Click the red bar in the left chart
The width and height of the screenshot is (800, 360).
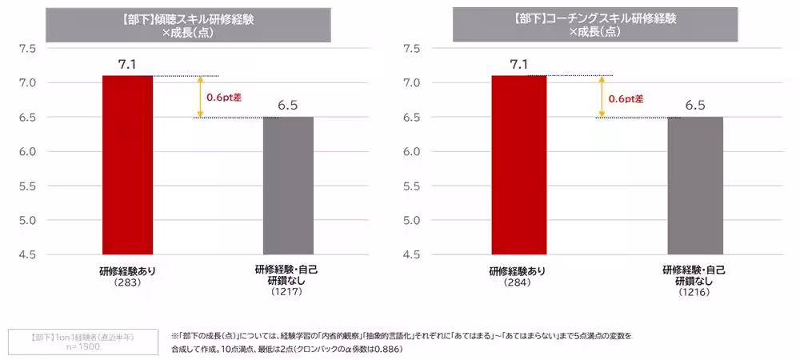pyautogui.click(x=127, y=165)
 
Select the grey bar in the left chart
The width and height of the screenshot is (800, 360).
pyautogui.click(x=288, y=186)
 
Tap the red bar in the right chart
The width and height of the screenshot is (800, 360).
pyautogui.click(x=518, y=165)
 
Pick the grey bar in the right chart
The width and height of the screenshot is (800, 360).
pyautogui.click(x=695, y=186)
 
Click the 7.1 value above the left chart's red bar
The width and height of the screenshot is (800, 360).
pyautogui.click(x=127, y=64)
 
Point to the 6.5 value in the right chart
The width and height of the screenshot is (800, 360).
pyautogui.click(x=695, y=106)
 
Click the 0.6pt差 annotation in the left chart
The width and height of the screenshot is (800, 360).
pyautogui.click(x=224, y=98)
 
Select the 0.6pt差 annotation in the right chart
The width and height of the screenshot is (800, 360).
pyautogui.click(x=626, y=99)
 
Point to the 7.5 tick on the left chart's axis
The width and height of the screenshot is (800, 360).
pyautogui.click(x=27, y=49)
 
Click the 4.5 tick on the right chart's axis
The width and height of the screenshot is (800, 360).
pyautogui.click(x=412, y=255)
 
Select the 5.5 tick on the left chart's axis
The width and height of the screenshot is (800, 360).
pyautogui.click(x=27, y=186)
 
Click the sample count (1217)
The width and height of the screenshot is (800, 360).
pyautogui.click(x=287, y=293)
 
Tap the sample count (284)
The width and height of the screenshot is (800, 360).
pyautogui.click(x=518, y=282)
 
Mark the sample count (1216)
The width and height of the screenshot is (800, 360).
pyautogui.click(x=694, y=293)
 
